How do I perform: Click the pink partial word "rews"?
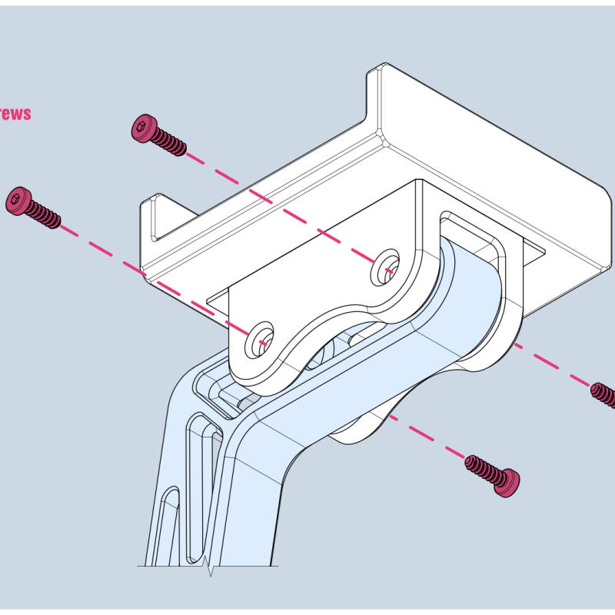click(x=15, y=114)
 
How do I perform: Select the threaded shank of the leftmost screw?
click(x=46, y=215)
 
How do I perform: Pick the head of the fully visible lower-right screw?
click(x=507, y=482)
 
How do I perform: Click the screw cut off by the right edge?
click(x=604, y=395)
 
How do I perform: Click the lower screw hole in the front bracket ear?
click(x=259, y=340)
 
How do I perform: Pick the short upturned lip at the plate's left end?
click(x=150, y=219)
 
